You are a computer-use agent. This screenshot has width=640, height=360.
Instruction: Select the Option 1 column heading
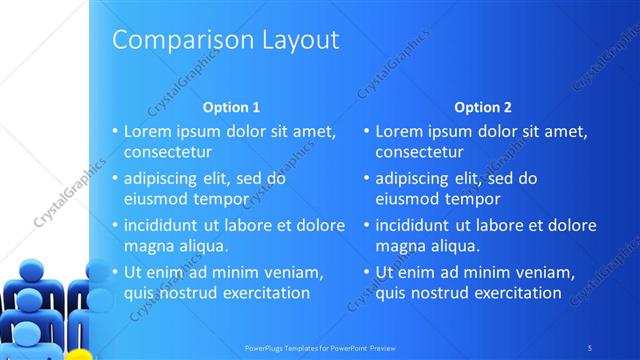[231, 107]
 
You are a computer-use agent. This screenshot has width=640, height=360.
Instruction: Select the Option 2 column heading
[482, 107]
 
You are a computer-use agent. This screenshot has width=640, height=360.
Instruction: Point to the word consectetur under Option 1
[168, 153]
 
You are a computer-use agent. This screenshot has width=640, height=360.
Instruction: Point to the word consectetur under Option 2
[419, 153]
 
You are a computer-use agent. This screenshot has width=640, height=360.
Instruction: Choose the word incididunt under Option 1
[167, 225]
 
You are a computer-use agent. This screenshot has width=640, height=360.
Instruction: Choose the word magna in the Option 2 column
[399, 245]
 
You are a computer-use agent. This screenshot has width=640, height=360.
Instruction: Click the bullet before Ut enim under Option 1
[115, 272]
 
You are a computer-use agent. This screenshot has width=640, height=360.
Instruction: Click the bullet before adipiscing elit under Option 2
[366, 179]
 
